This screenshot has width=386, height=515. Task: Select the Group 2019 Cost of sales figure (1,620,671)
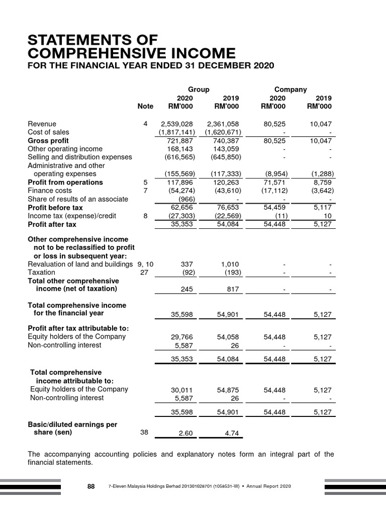pyautogui.click(x=223, y=132)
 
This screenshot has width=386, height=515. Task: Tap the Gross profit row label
pyautogui.click(x=48, y=141)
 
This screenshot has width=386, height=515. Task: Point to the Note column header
pyautogui.click(x=145, y=107)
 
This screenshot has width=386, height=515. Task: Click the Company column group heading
pyautogui.click(x=291, y=89)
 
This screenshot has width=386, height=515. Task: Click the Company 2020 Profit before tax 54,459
pyautogui.click(x=274, y=207)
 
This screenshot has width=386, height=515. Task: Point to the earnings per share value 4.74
pyautogui.click(x=232, y=433)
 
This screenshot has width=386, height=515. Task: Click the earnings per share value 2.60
pyautogui.click(x=185, y=433)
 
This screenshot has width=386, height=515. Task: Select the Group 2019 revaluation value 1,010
pyautogui.click(x=230, y=264)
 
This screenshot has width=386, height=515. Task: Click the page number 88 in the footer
pyautogui.click(x=91, y=486)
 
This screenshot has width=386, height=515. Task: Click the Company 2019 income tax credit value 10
pyautogui.click(x=327, y=216)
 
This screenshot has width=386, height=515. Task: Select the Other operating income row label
pyautogui.click(x=65, y=149)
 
